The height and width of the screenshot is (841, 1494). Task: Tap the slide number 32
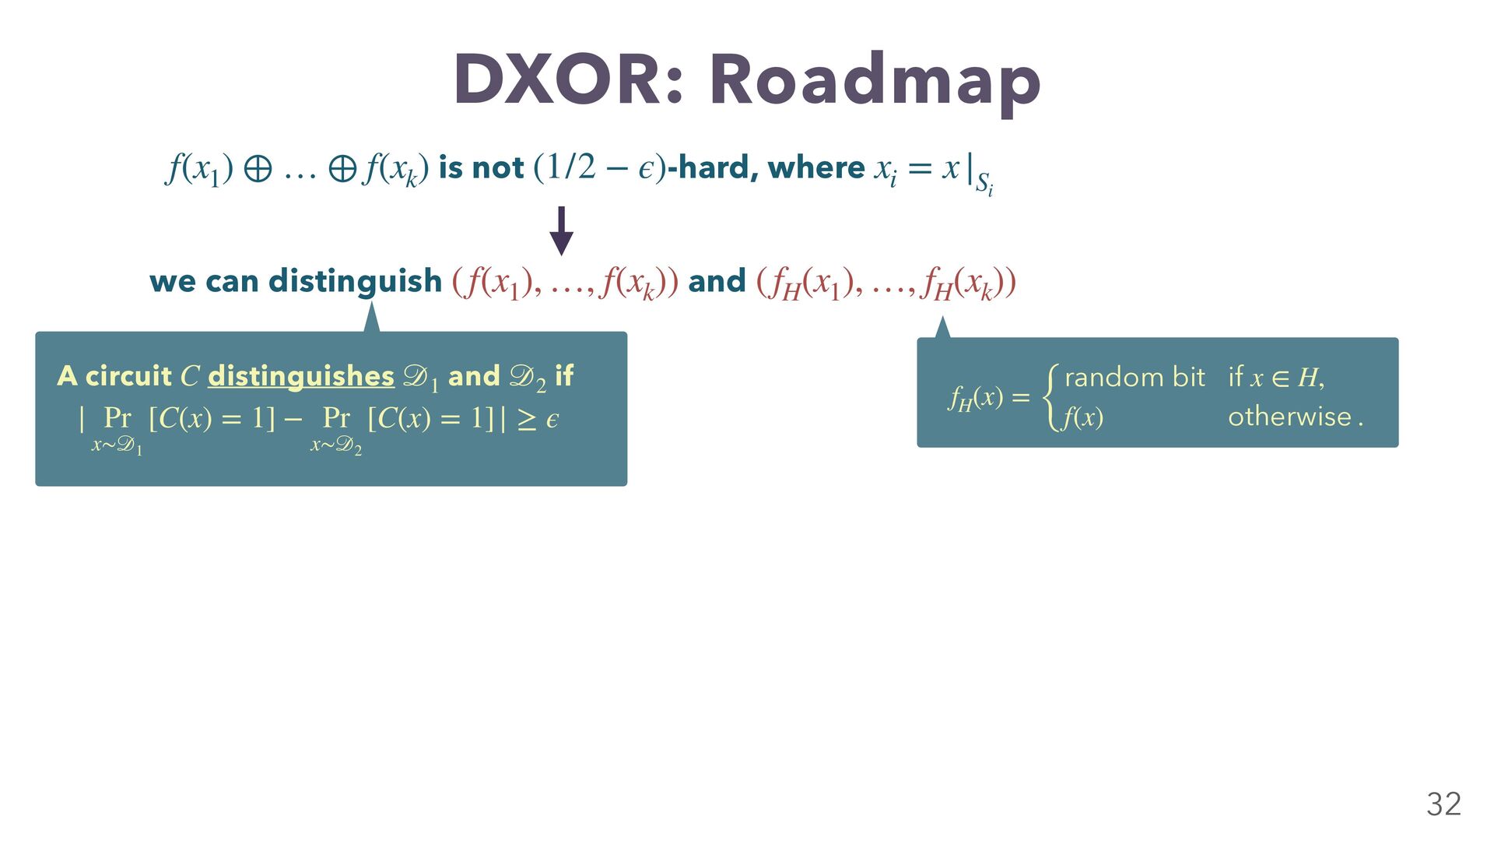1443,804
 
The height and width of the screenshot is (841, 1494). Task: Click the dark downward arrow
561,231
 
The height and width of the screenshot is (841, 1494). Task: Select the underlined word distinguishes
301,377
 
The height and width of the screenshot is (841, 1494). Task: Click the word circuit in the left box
128,376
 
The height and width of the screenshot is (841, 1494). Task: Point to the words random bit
1135,378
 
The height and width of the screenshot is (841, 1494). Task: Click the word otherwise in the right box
1289,417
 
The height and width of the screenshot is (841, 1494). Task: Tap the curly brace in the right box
1051,397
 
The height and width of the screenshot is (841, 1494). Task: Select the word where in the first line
816,167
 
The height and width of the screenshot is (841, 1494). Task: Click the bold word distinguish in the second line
355,282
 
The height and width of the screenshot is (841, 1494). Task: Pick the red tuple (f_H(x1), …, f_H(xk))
886,283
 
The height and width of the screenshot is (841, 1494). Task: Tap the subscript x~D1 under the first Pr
117,446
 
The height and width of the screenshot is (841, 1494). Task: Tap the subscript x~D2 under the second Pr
336,446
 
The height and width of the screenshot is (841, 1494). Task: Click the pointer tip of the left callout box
372,302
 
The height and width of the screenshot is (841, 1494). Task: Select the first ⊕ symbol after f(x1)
258,169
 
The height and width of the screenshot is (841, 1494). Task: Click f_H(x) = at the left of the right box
989,399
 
